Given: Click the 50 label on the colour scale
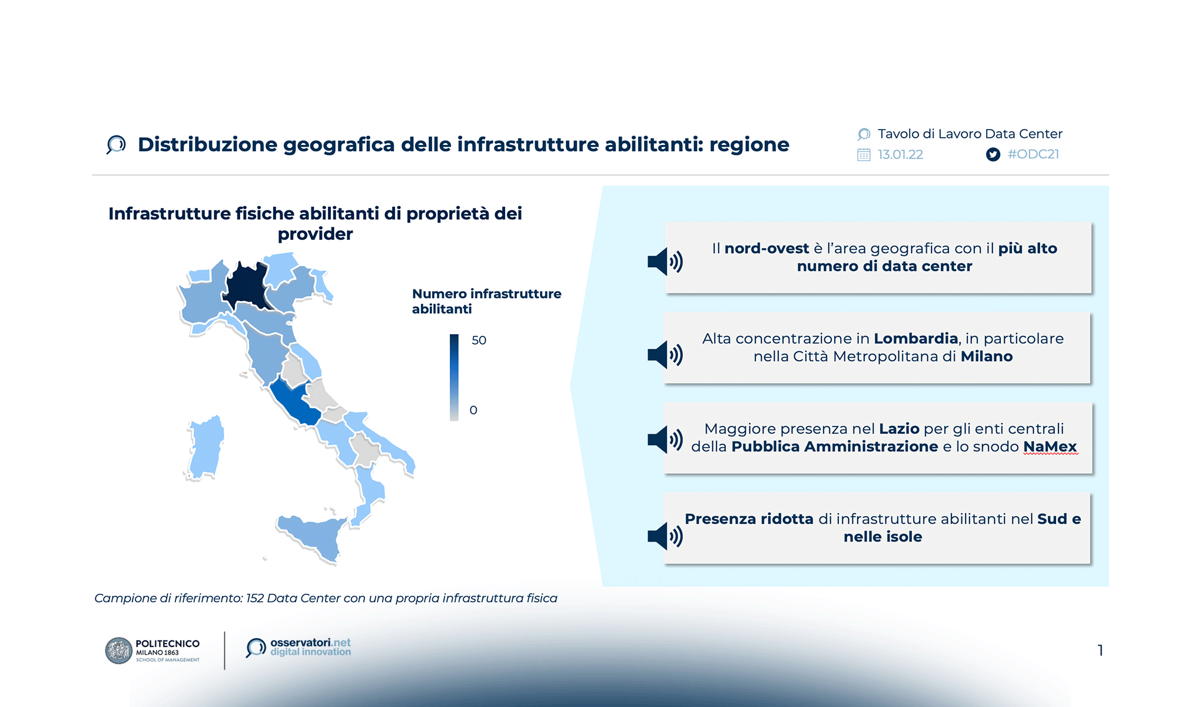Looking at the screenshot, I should (x=479, y=341).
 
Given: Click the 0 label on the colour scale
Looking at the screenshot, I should (x=473, y=410).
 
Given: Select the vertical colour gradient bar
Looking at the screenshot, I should (x=454, y=377).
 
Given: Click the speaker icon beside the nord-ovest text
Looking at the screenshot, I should (x=665, y=261).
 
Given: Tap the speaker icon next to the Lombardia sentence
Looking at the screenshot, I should (x=665, y=355).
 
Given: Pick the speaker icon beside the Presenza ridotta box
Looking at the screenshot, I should (x=665, y=536).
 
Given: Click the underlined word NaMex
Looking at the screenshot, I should (x=1050, y=447).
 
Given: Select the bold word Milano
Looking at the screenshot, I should (x=986, y=356).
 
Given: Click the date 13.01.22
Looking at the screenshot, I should (x=900, y=155).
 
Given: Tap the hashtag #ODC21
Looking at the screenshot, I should (x=1033, y=154).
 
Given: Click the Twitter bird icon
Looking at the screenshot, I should (x=993, y=155).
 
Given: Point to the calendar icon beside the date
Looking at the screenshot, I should (x=864, y=155).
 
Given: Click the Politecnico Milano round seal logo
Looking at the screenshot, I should (x=118, y=650).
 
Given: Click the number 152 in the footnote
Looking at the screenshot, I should (x=254, y=599).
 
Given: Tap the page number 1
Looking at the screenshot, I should (x=1100, y=650).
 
